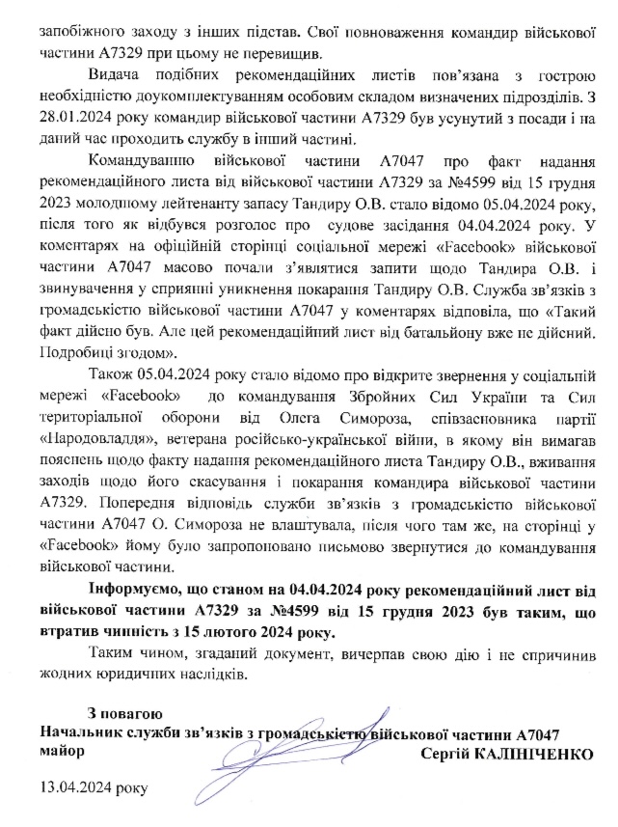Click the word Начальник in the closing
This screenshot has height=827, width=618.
pyautogui.click(x=77, y=732)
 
